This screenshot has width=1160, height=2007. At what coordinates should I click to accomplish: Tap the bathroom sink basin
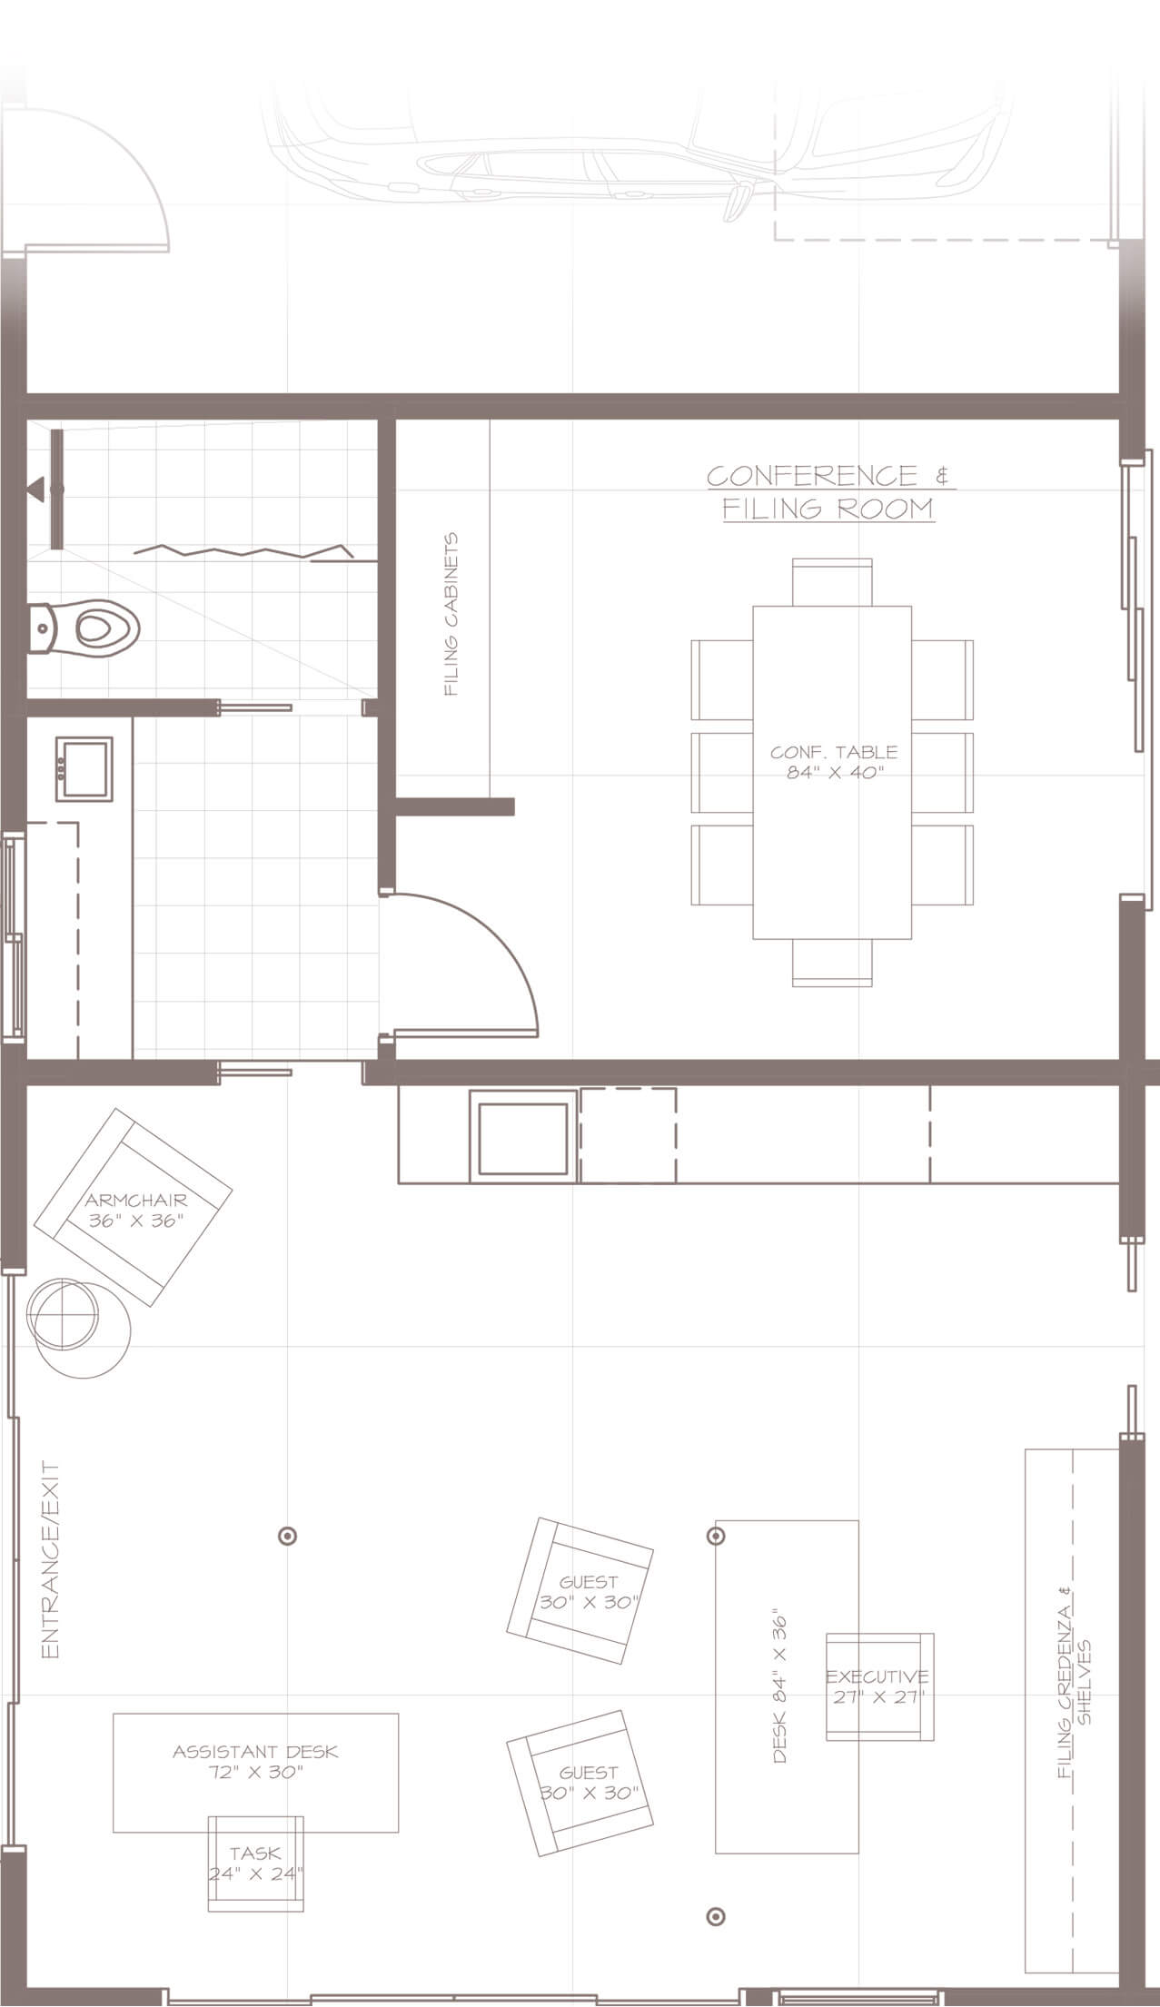(x=84, y=769)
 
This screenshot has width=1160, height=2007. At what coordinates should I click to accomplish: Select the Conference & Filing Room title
(x=828, y=491)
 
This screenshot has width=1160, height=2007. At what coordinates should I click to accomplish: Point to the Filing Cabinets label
(x=451, y=615)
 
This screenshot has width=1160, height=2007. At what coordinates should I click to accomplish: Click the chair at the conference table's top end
(x=832, y=582)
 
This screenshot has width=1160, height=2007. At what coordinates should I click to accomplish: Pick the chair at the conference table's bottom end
(x=832, y=962)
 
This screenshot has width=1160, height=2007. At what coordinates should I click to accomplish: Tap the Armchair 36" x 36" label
(x=136, y=1211)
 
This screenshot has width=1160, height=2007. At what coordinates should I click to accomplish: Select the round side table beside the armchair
(x=80, y=1329)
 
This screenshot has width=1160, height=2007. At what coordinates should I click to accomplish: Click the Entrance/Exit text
(x=51, y=1560)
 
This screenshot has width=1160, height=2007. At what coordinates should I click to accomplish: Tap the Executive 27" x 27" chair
(x=879, y=1686)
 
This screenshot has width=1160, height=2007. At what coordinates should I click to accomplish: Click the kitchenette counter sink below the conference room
(x=523, y=1136)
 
